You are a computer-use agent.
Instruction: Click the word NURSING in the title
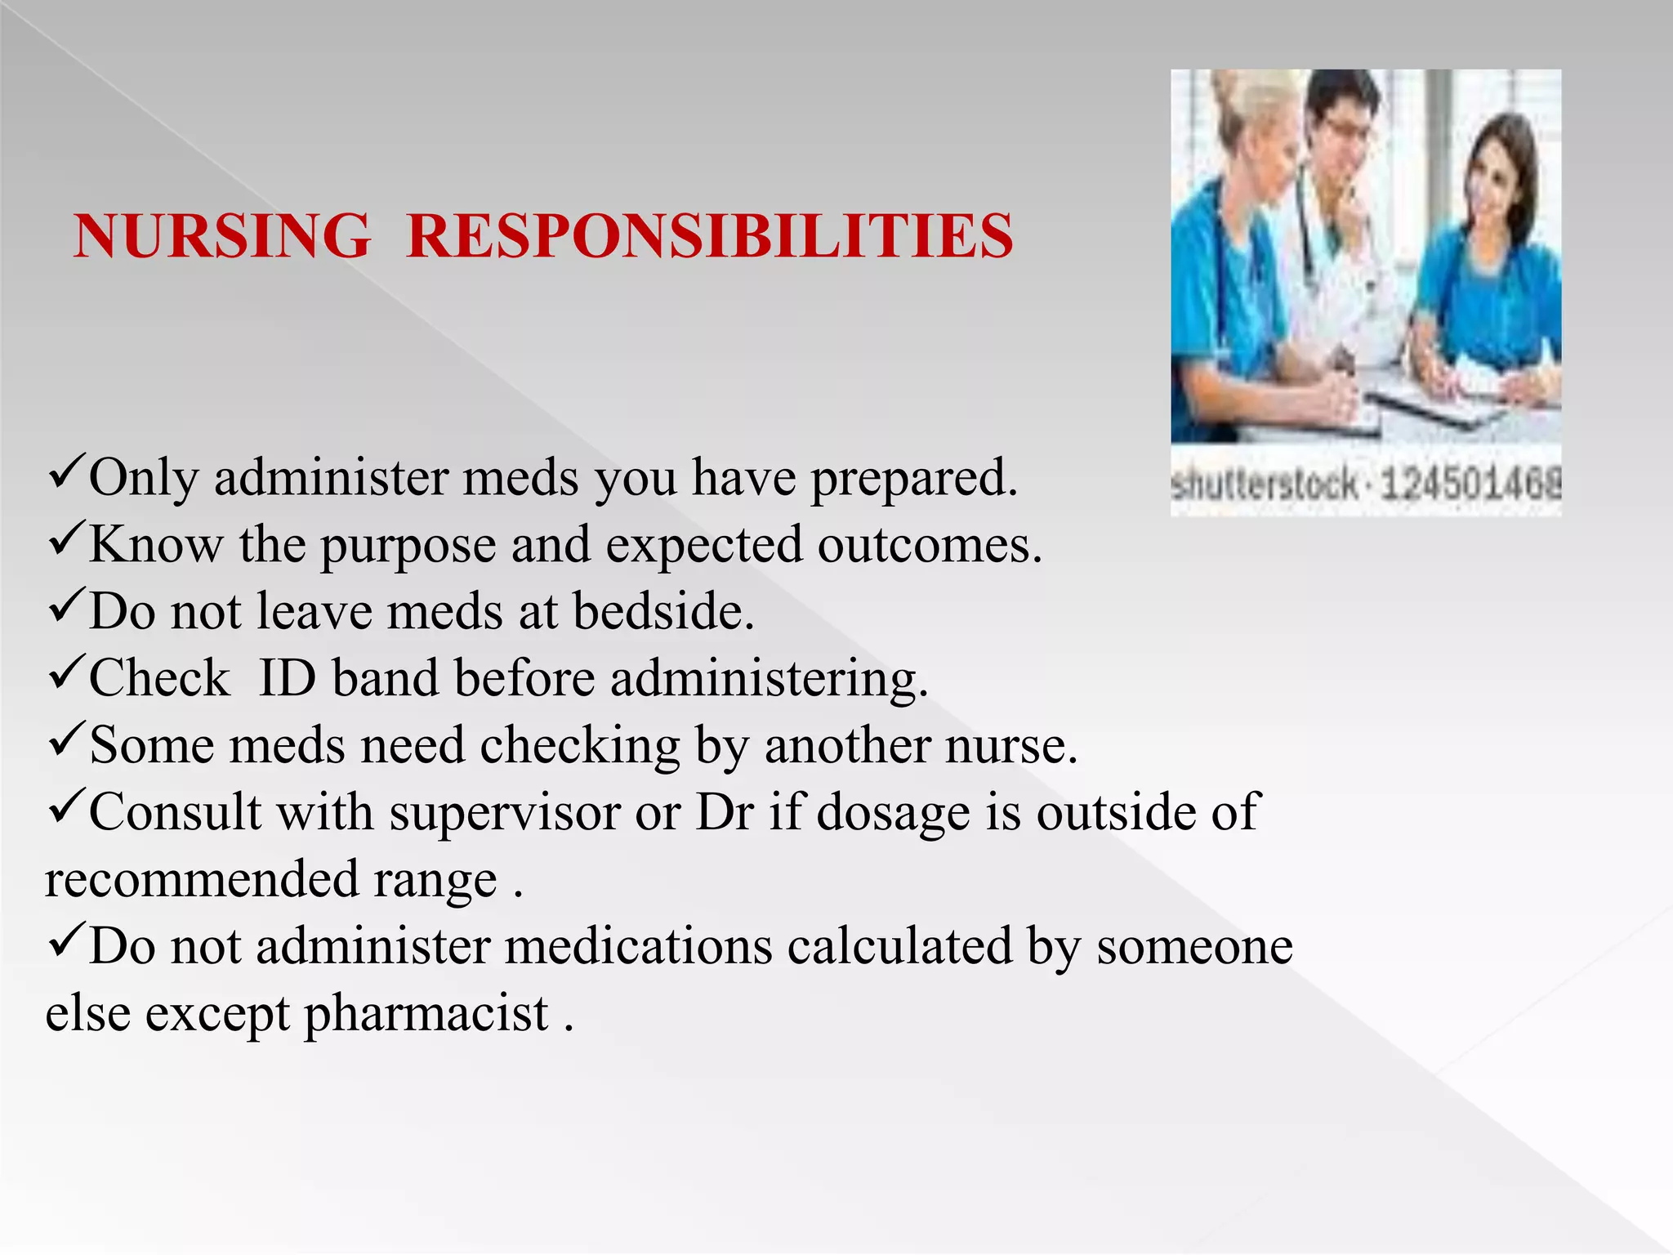click(221, 236)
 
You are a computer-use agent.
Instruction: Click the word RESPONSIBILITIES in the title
click(709, 236)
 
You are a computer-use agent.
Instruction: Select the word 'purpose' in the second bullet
click(408, 546)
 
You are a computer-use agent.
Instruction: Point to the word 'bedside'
click(663, 611)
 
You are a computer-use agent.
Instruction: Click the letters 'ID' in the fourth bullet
click(287, 678)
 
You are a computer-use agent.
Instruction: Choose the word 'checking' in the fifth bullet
click(579, 747)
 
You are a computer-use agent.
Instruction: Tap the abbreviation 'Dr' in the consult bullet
click(724, 813)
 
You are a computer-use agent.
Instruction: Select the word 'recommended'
click(202, 881)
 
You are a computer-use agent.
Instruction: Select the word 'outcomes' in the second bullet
click(930, 545)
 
